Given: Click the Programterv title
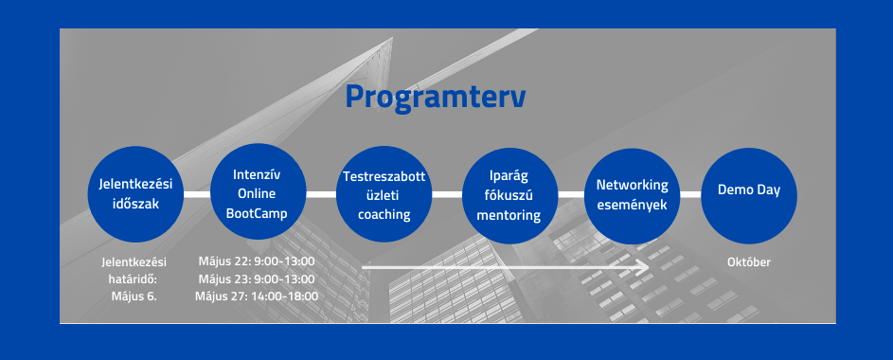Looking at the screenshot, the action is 436,98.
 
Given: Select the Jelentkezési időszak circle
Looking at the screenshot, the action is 135,194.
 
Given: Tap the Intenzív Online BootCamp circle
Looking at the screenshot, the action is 258,192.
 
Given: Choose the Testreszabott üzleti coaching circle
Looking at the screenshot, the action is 384,194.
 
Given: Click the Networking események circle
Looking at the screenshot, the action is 633,195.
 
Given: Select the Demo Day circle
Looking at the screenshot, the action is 749,195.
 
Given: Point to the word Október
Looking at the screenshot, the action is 749,262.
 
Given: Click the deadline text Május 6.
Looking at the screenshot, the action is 134,297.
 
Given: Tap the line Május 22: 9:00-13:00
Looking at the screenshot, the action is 257,261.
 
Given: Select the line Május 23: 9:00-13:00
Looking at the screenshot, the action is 257,279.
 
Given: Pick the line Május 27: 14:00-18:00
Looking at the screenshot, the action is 257,297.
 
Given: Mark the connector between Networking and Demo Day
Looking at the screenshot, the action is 691,195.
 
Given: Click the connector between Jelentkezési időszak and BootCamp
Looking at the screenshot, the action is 197,194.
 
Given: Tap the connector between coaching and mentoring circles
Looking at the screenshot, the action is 447,195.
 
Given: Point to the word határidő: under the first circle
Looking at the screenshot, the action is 133,279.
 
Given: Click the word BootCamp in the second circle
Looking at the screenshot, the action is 257,213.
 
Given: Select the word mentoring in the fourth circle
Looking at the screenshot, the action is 509,215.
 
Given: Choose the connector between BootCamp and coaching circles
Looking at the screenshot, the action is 321,194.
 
